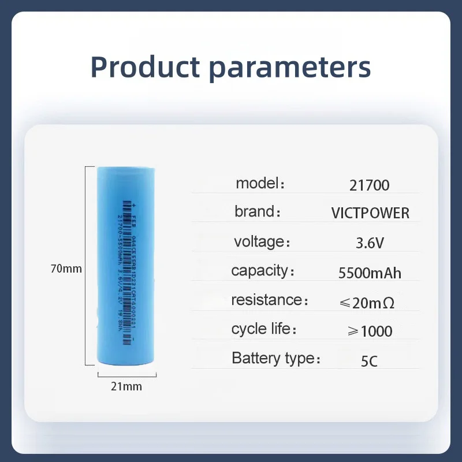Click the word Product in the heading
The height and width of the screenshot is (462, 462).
[145, 67]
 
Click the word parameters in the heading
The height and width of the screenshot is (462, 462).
[290, 68]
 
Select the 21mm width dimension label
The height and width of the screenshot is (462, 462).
[126, 386]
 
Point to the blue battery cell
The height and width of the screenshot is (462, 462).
[126, 266]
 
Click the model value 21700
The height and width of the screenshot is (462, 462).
[369, 185]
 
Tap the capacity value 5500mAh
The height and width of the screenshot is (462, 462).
[370, 273]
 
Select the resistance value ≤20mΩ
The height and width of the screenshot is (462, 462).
[368, 302]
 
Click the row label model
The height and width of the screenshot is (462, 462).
[256, 184]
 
